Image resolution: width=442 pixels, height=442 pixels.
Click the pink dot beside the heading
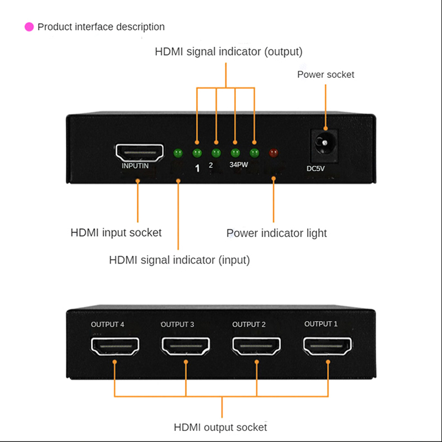[x=29, y=27]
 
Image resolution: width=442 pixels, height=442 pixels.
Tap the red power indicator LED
[x=273, y=152]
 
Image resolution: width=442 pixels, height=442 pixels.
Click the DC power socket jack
[x=325, y=144]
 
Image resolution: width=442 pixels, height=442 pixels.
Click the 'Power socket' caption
[x=325, y=75]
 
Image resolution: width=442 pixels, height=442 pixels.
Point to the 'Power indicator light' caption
[x=276, y=233]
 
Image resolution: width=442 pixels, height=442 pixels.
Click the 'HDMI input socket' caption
[x=116, y=233]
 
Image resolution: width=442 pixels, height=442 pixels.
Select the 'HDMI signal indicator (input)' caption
[x=180, y=260]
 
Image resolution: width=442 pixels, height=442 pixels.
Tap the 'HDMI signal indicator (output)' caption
[x=229, y=52]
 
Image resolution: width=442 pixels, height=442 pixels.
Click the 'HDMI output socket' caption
[x=220, y=427]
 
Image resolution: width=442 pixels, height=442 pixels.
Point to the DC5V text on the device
[x=315, y=169]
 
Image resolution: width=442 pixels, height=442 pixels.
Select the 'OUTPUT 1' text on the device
[x=320, y=324]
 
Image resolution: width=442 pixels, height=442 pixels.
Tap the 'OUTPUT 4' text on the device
[x=107, y=324]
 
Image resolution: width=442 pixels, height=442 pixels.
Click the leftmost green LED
[x=178, y=153]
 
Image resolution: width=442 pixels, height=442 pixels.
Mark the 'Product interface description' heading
[x=101, y=27]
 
